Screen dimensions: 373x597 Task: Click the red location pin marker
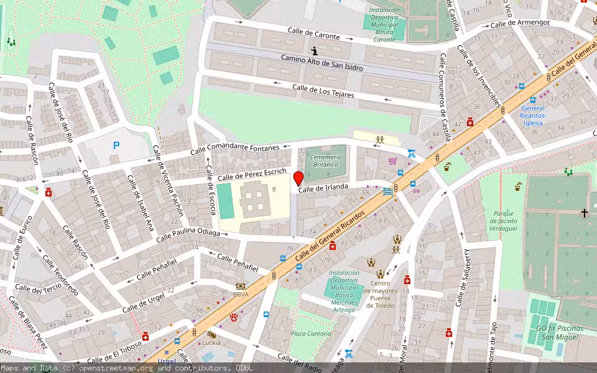298,179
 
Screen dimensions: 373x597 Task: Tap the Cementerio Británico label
325,161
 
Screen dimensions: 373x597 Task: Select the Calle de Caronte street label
313,34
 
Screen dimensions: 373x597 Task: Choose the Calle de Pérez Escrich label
252,175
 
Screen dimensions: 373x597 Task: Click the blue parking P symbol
116,145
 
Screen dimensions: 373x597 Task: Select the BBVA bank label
241,294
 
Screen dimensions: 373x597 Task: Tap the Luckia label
211,343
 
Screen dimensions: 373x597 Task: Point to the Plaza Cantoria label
311,334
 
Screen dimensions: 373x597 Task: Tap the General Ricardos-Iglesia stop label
533,115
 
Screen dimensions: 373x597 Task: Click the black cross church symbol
584,213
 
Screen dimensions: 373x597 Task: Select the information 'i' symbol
315,50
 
